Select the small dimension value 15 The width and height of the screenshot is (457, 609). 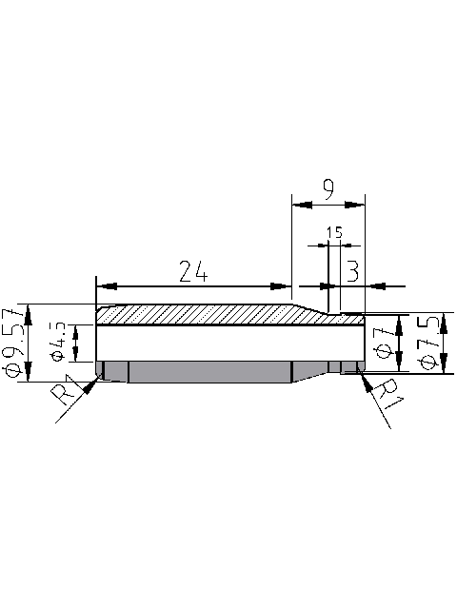333,231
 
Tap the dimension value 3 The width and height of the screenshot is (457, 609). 351,272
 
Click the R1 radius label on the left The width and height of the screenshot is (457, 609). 66,393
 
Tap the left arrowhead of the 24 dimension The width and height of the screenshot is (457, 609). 105,285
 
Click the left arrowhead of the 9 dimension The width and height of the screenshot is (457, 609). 299,204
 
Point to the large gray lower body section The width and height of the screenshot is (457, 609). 209,371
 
